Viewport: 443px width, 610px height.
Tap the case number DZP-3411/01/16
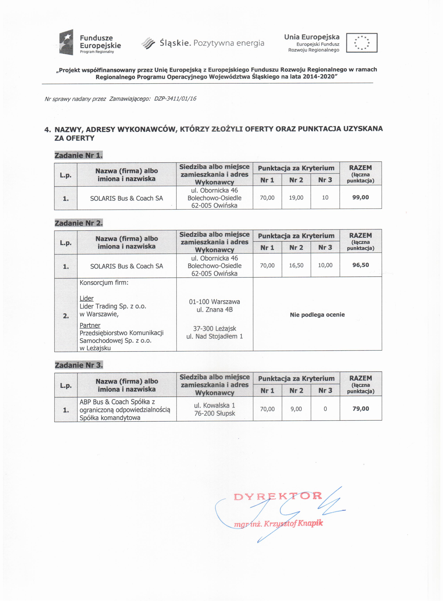click(175, 99)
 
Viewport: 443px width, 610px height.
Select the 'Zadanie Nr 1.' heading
click(78, 155)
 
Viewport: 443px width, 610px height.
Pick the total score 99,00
click(361, 197)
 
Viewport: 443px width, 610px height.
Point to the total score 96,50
click(361, 265)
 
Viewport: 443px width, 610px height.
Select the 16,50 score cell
click(296, 265)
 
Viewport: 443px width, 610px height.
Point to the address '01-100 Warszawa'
click(214, 302)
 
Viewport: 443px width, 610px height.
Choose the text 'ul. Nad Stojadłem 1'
click(214, 336)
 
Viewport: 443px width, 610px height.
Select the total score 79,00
click(361, 409)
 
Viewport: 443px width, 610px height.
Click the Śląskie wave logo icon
click(148, 43)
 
